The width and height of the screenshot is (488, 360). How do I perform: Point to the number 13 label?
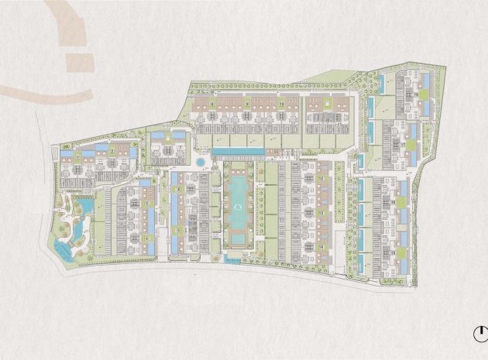point(320,211)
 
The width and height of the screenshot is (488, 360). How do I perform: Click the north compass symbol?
point(479,334)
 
